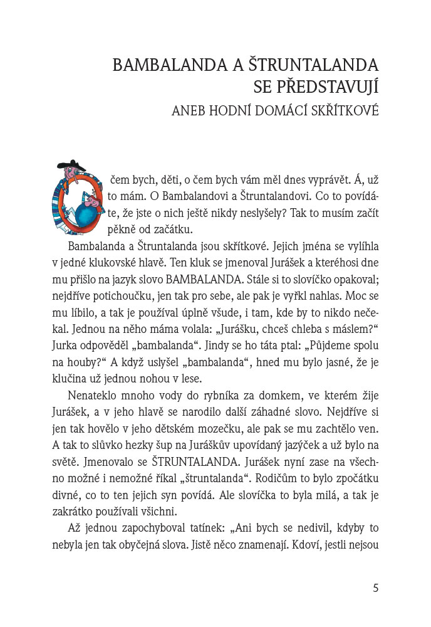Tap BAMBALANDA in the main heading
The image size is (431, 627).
point(165,66)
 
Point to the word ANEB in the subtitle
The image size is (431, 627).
point(189,112)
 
